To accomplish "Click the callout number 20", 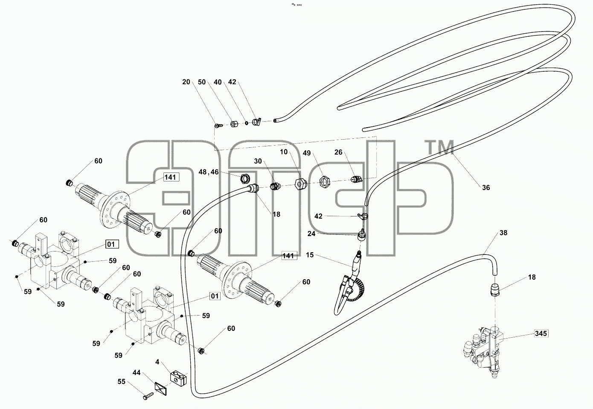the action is click(186, 82).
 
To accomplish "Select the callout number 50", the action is click(202, 82).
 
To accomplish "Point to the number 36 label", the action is click(486, 187).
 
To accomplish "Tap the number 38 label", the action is click(503, 233).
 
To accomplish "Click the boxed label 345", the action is click(541, 333).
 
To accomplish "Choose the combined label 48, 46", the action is click(209, 172).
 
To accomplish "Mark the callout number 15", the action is click(310, 255).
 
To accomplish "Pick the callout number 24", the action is click(311, 234).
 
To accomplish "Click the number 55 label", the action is click(121, 382).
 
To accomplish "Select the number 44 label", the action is click(137, 373).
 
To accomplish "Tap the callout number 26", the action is click(338, 152).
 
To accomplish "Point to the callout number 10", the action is click(284, 152).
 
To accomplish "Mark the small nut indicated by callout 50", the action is click(234, 124).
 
